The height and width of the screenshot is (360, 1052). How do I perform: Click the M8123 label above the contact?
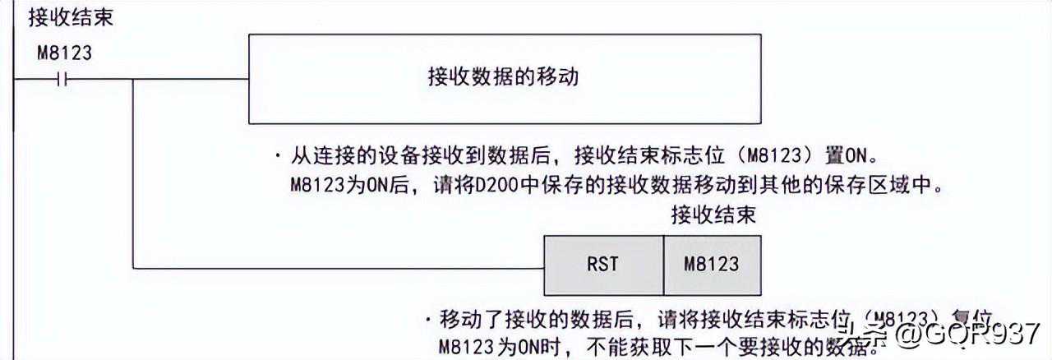tap(65, 54)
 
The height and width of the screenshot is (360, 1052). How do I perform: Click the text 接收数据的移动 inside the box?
tap(503, 78)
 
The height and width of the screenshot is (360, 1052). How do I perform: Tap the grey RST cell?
tap(603, 265)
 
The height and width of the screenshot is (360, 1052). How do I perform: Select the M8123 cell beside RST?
tap(712, 265)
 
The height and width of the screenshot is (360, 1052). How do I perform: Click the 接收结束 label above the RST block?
tap(713, 216)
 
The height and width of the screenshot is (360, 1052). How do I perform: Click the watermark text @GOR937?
tap(969, 335)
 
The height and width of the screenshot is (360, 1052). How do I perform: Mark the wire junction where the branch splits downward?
tap(133, 80)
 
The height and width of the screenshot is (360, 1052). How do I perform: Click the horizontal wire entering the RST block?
tap(337, 267)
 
